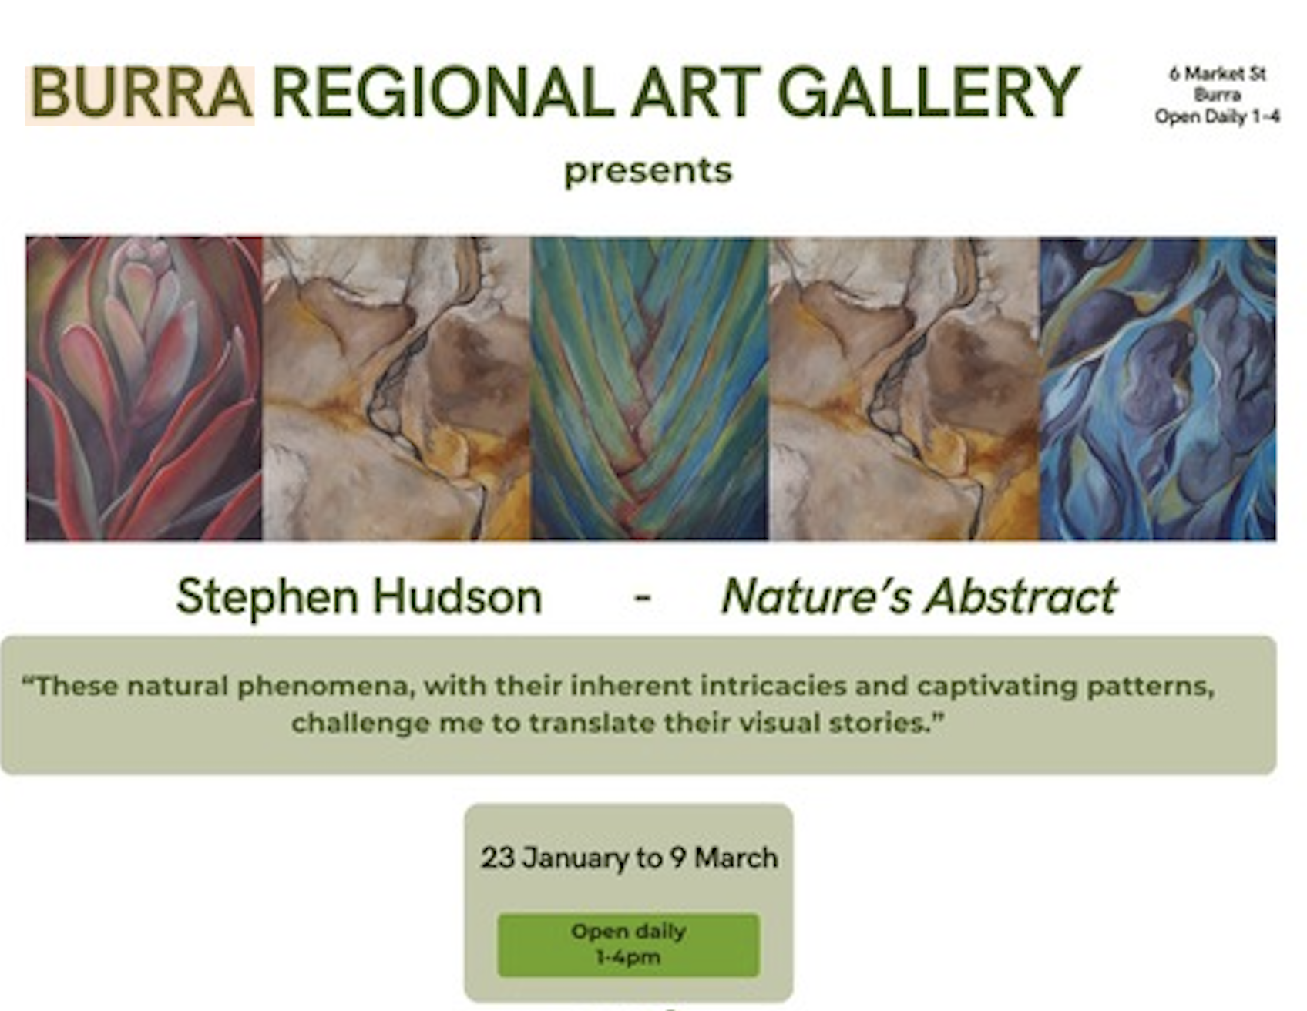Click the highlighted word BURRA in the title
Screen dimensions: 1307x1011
[140, 93]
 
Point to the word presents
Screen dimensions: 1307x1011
[647, 171]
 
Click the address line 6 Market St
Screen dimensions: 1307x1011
[1218, 74]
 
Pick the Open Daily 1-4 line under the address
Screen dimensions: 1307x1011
[1218, 116]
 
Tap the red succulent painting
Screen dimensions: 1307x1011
[144, 388]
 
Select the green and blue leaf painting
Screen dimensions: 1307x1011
[650, 388]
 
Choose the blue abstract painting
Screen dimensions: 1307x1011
[1158, 388]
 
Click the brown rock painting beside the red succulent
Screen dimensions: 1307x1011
[397, 388]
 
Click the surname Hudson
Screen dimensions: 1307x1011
[458, 597]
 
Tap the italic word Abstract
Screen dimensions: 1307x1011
[1021, 597]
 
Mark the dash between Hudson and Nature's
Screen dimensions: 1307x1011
[643, 598]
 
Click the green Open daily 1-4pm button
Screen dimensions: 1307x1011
[628, 945]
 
